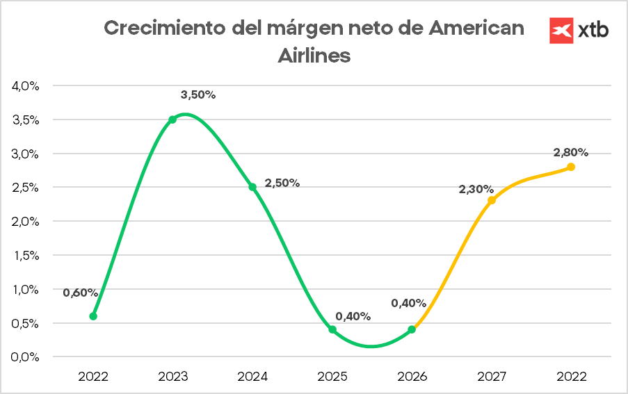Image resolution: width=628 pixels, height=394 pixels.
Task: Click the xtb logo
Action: pos(579,30)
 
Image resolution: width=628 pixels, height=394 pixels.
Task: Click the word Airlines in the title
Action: pos(314,56)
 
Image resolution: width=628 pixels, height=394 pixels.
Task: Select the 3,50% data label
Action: pos(198,95)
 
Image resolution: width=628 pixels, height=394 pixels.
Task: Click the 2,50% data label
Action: pos(282,183)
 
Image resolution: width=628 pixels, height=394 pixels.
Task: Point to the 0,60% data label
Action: pos(81,293)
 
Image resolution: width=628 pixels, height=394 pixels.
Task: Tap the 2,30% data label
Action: pos(476,189)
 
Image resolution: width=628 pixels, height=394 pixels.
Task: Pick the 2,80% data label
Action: pos(571,152)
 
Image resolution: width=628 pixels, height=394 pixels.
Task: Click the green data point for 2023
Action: pos(172,120)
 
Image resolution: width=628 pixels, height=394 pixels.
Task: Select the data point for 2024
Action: pos(252,187)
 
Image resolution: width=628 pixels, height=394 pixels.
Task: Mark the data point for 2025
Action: pos(332,329)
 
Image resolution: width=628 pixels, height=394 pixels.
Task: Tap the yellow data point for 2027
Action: pos(492,200)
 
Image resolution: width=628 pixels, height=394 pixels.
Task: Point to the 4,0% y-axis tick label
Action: pos(25,85)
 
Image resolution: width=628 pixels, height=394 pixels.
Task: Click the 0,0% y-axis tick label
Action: pos(25,357)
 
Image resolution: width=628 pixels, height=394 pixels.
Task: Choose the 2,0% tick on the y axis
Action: pos(25,221)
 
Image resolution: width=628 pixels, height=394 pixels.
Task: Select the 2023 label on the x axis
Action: pos(172,377)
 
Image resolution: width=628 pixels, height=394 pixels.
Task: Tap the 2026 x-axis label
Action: pos(412,377)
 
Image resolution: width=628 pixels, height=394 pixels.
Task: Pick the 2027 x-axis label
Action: pos(492,377)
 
